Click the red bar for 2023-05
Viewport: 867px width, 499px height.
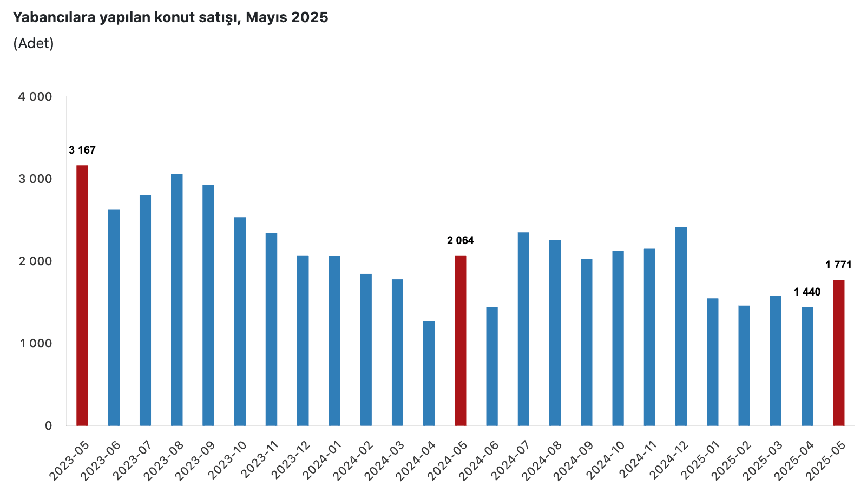(82, 295)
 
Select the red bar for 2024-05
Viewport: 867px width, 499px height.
(460, 340)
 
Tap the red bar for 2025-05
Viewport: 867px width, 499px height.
(838, 352)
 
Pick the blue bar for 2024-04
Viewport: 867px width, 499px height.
(429, 373)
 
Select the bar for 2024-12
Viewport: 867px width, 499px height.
(681, 326)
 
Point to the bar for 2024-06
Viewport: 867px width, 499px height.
(492, 366)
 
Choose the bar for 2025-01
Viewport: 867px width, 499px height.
(712, 362)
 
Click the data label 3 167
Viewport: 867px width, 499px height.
(82, 150)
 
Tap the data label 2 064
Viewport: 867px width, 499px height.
(460, 240)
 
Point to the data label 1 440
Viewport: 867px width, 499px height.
(807, 292)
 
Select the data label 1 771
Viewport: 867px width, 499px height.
(838, 265)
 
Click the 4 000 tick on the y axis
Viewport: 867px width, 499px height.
(35, 97)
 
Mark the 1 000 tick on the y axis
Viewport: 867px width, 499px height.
(35, 343)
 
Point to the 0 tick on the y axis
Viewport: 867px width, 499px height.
(49, 425)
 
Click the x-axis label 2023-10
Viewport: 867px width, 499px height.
(228, 459)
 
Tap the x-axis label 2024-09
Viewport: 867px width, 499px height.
(575, 459)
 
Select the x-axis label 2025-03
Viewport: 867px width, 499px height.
(764, 459)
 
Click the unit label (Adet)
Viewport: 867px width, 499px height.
(34, 43)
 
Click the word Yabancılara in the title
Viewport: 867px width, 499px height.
(54, 17)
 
